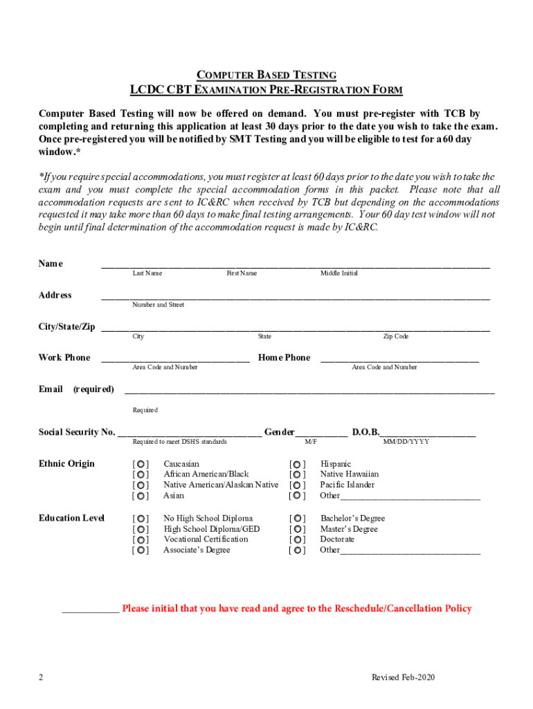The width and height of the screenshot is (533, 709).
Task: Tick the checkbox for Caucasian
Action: [141, 464]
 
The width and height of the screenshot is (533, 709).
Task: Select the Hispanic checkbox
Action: [297, 464]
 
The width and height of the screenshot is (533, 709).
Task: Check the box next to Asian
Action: [141, 496]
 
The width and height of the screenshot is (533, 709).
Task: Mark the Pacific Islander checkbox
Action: [297, 485]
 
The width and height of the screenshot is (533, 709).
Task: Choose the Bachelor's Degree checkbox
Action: [297, 519]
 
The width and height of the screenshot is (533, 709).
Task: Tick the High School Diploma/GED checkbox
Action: [141, 529]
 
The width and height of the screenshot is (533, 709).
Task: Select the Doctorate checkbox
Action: [297, 539]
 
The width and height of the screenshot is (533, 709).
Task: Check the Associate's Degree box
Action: [141, 550]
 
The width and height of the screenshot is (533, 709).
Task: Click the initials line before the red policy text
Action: [90, 611]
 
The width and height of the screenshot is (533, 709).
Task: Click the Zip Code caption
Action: [396, 336]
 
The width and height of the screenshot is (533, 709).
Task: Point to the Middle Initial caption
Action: [338, 273]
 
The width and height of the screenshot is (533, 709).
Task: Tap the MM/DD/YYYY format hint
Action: [406, 441]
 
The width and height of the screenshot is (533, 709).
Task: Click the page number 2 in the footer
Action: [42, 677]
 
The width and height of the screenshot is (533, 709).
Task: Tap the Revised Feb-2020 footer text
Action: [403, 677]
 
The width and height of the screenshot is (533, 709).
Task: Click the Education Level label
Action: [71, 518]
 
